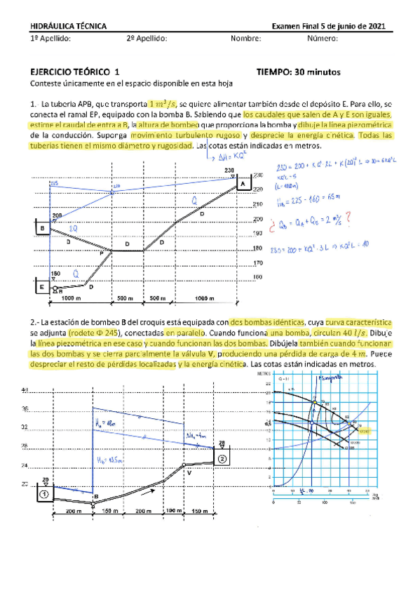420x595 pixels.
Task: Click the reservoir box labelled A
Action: tap(242, 185)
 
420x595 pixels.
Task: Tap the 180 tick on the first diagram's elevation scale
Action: tap(258, 248)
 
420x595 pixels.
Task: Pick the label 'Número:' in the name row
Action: tap(323, 39)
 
